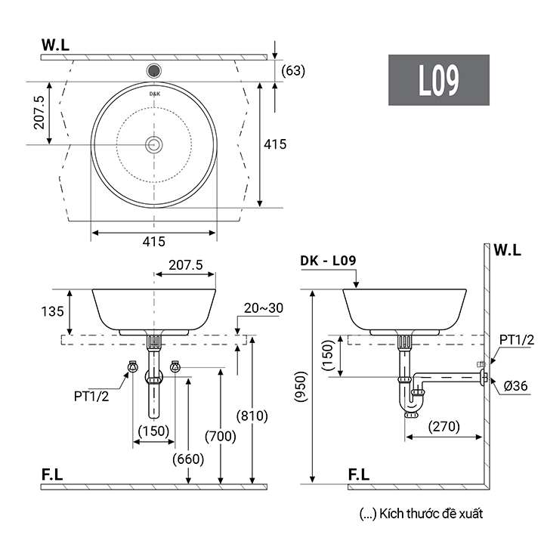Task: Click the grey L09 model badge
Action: (x=439, y=80)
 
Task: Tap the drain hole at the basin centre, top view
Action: (x=154, y=144)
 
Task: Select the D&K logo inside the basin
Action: (x=154, y=94)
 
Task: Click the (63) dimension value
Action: (x=293, y=71)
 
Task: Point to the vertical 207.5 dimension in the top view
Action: (x=39, y=112)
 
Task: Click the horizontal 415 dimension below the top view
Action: (x=153, y=242)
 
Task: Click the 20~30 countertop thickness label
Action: (x=264, y=308)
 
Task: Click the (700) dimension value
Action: (x=221, y=436)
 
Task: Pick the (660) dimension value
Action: (x=187, y=459)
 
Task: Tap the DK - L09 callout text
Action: (x=328, y=261)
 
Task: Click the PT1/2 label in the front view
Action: (x=91, y=395)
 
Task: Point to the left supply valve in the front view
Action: (x=131, y=368)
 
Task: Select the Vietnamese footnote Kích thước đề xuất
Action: (x=422, y=514)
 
